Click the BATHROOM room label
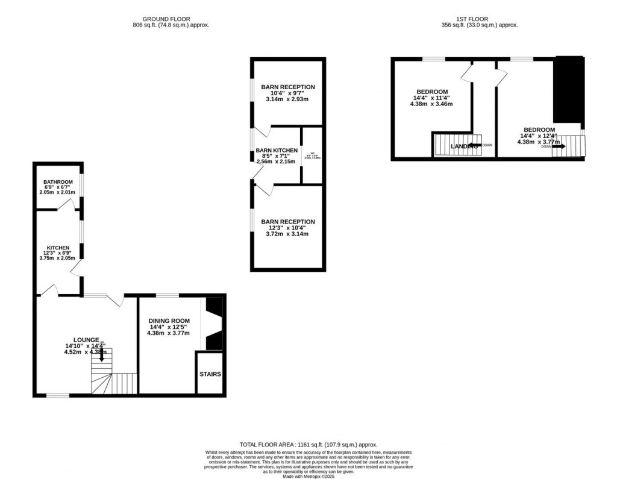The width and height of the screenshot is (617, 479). pyautogui.click(x=58, y=182)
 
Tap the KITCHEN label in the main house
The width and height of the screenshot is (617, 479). pyautogui.click(x=59, y=248)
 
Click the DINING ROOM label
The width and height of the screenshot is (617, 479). pyautogui.click(x=170, y=321)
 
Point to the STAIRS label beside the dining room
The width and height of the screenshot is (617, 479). pyautogui.click(x=210, y=374)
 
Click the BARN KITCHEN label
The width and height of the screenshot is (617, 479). pyautogui.click(x=277, y=150)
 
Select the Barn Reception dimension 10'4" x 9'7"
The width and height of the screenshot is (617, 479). pyautogui.click(x=287, y=93)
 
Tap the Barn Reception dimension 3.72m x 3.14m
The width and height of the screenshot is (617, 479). pyautogui.click(x=287, y=234)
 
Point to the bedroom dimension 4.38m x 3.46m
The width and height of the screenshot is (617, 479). pyautogui.click(x=431, y=104)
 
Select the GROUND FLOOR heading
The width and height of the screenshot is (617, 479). pyautogui.click(x=171, y=19)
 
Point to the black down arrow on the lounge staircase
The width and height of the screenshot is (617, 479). pyautogui.click(x=101, y=355)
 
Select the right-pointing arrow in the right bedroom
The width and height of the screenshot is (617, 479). pyautogui.click(x=559, y=146)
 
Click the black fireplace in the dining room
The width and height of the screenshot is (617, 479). pyautogui.click(x=215, y=324)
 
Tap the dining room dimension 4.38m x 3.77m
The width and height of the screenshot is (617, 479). pyautogui.click(x=170, y=333)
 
